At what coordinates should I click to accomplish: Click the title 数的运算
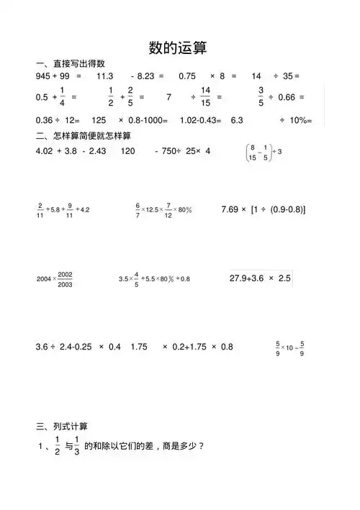tap(177, 48)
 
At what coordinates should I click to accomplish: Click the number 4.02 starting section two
tap(45, 151)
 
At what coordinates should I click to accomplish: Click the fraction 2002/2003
tap(66, 279)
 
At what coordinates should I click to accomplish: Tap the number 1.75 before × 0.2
tap(140, 347)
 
